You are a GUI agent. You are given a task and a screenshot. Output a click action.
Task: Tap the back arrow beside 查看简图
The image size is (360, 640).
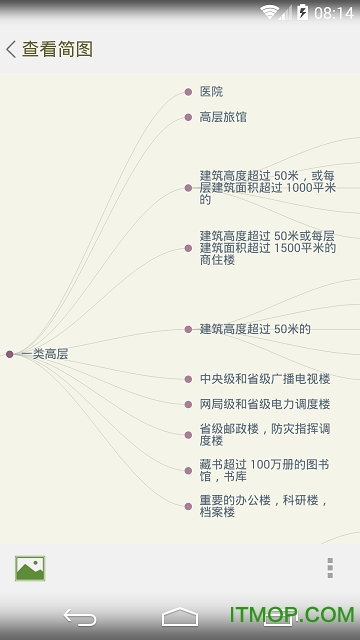coord(11,49)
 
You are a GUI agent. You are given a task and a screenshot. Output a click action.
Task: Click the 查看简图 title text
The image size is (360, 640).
coord(57,49)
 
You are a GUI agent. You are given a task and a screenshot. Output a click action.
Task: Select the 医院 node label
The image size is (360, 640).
coord(211,92)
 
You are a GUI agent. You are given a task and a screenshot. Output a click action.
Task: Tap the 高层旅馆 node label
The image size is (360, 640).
coord(223,117)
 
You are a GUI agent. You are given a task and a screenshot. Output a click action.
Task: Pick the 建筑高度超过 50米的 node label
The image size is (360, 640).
coord(255,329)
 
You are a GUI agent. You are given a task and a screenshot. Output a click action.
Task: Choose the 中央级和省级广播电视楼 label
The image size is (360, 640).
coord(264,379)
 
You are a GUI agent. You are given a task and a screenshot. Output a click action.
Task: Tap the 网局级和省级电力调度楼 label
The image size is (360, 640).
coord(264,404)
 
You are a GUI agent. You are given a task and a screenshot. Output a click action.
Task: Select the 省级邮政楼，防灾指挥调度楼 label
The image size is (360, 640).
coord(264,435)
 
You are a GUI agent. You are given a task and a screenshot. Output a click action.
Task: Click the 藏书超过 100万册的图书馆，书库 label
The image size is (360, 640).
coord(264,469)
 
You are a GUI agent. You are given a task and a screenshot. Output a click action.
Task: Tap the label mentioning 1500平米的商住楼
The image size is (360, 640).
coord(267,247)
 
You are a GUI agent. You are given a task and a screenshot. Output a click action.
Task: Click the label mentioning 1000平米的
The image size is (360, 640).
coord(267,187)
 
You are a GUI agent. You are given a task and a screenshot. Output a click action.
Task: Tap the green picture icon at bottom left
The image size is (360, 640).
coord(30,568)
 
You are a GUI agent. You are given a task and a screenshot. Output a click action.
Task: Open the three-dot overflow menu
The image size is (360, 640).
coord(330,568)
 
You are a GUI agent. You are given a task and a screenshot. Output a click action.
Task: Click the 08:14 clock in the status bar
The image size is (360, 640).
coord(333,13)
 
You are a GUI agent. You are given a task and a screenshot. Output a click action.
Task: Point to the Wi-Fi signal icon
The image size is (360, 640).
coord(271,13)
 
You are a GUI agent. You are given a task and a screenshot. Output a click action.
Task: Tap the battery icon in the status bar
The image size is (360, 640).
coord(301,13)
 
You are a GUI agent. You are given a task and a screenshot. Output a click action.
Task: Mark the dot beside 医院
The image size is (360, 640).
coord(188,92)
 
